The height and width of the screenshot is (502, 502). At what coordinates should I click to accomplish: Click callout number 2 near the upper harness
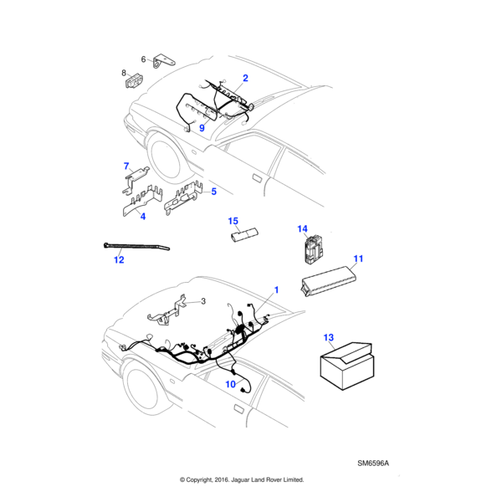coord(245,78)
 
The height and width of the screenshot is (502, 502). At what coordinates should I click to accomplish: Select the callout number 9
coord(202,128)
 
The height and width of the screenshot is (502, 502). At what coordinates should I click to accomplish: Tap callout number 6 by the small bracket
coord(143,59)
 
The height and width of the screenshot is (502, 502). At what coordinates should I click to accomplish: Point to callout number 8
coord(125,74)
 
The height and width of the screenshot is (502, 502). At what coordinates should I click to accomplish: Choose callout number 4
coord(142,217)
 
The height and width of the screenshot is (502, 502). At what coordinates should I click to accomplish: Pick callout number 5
coord(213,192)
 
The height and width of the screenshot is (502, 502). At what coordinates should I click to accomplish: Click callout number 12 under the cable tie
coord(119,260)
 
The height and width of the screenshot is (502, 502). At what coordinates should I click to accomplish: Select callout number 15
coord(234,221)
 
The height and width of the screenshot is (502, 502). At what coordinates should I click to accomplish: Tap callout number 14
coord(303,228)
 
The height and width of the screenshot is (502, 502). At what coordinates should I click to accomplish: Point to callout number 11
coord(357,259)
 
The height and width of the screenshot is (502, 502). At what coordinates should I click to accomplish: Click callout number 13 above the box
coord(329,338)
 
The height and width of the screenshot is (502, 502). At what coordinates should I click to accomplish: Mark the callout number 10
coord(231,383)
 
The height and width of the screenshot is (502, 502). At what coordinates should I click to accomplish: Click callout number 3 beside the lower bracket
coord(202,300)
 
